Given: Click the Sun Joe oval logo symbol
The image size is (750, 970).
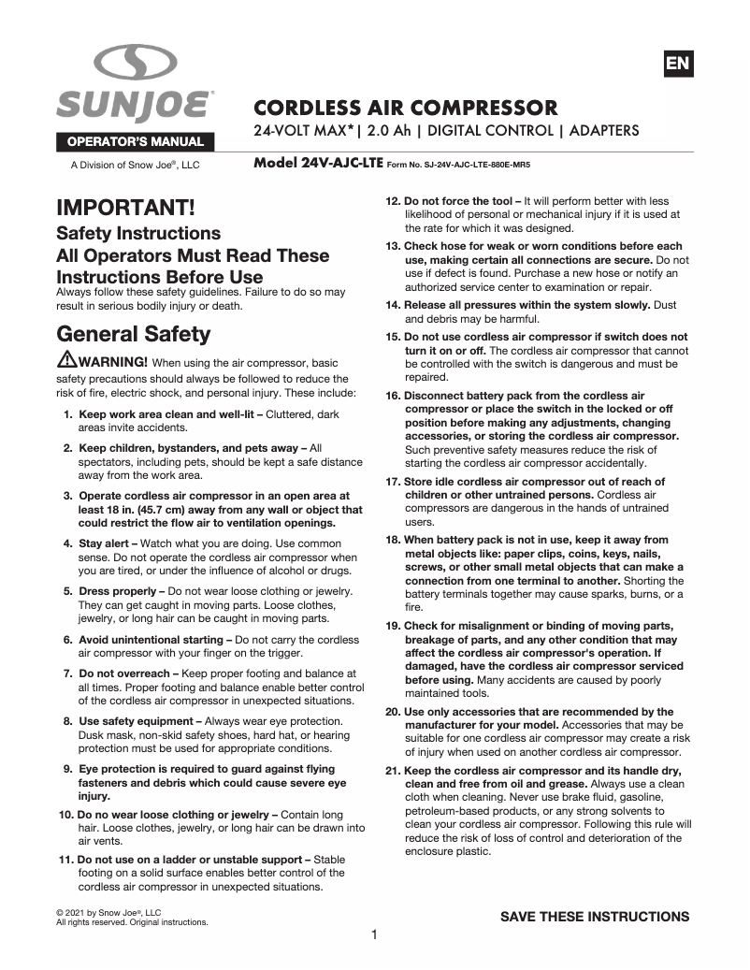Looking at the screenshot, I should [x=136, y=65].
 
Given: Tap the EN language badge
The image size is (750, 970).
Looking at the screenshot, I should [x=677, y=64].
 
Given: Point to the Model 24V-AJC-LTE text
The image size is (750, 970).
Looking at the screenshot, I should [x=318, y=162].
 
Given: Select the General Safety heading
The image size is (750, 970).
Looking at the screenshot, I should [x=134, y=334].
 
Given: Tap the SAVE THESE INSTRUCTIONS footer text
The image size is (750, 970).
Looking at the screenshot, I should [x=595, y=916].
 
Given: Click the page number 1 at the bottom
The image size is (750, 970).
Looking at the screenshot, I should [x=374, y=934].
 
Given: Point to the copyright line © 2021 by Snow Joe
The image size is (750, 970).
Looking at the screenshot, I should [x=109, y=912].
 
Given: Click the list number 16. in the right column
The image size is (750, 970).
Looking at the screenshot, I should [x=393, y=396].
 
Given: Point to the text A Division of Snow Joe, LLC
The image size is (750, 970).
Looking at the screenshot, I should [x=136, y=165].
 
